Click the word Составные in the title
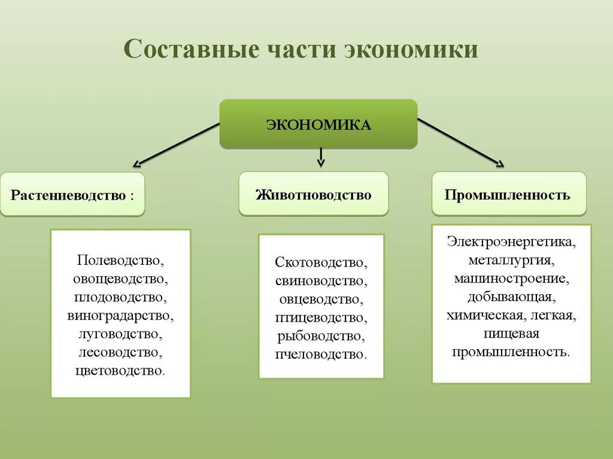click(x=187, y=50)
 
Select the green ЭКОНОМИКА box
click(x=318, y=124)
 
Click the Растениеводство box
click(x=72, y=195)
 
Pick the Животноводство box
click(x=313, y=194)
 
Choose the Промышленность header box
click(x=509, y=194)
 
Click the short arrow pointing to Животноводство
click(x=321, y=157)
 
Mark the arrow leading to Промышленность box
click(x=461, y=142)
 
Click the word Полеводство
click(x=120, y=261)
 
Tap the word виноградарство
click(x=120, y=316)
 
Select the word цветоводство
click(x=120, y=370)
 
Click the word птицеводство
click(x=321, y=317)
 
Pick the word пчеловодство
click(x=321, y=354)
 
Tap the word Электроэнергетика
click(x=511, y=243)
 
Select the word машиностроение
click(x=511, y=279)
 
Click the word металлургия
click(x=511, y=261)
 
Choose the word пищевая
click(x=511, y=333)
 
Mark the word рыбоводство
click(x=321, y=336)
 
